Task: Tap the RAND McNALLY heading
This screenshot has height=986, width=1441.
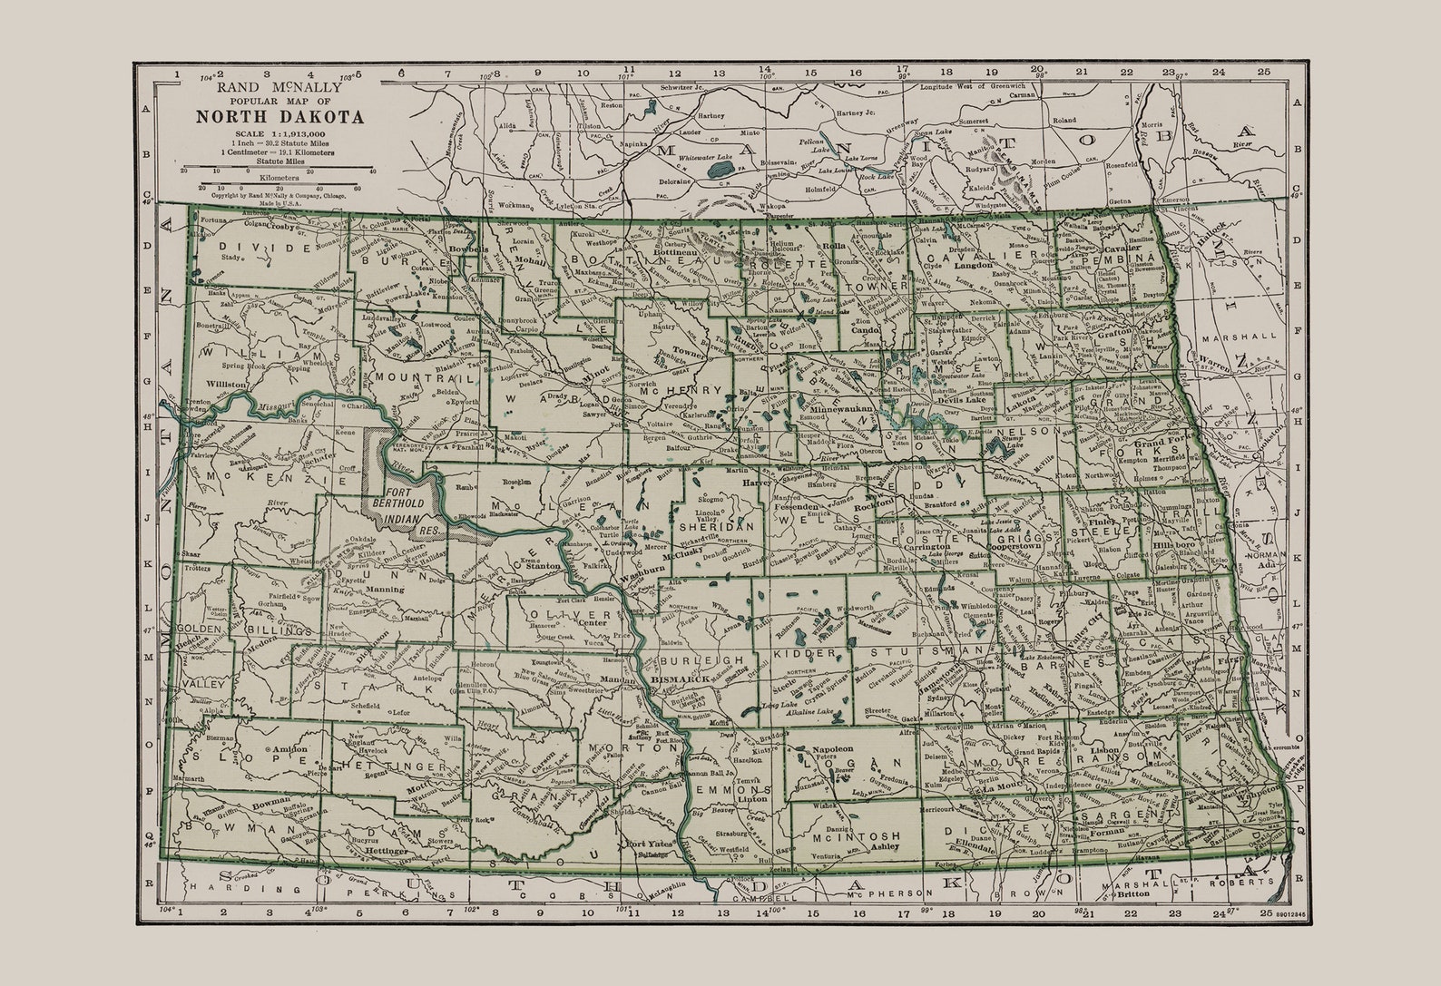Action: (x=280, y=87)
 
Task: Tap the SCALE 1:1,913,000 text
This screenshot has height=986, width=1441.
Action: (x=280, y=134)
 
